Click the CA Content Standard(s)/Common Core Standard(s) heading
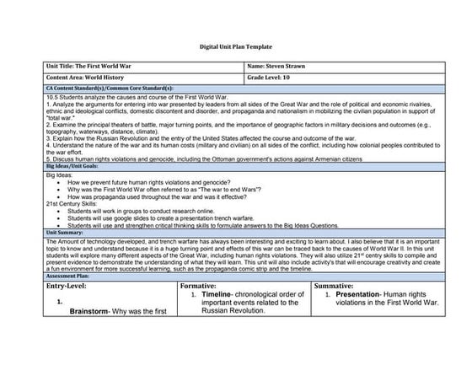[99, 87]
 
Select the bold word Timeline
[223, 294]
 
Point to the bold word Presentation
[356, 294]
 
